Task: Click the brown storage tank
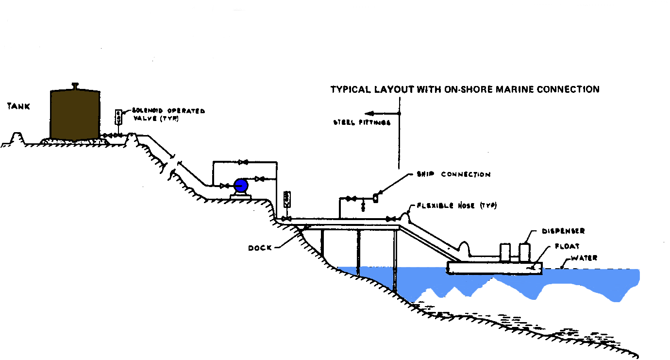(75, 115)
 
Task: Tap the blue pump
(240, 185)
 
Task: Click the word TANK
(18, 106)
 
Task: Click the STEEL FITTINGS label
(362, 123)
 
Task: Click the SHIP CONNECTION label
(453, 174)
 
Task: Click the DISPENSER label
(564, 231)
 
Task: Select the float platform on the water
(494, 268)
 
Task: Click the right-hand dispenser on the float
(524, 252)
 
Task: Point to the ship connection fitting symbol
(375, 198)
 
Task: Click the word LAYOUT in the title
(391, 89)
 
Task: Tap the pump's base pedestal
(240, 195)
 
